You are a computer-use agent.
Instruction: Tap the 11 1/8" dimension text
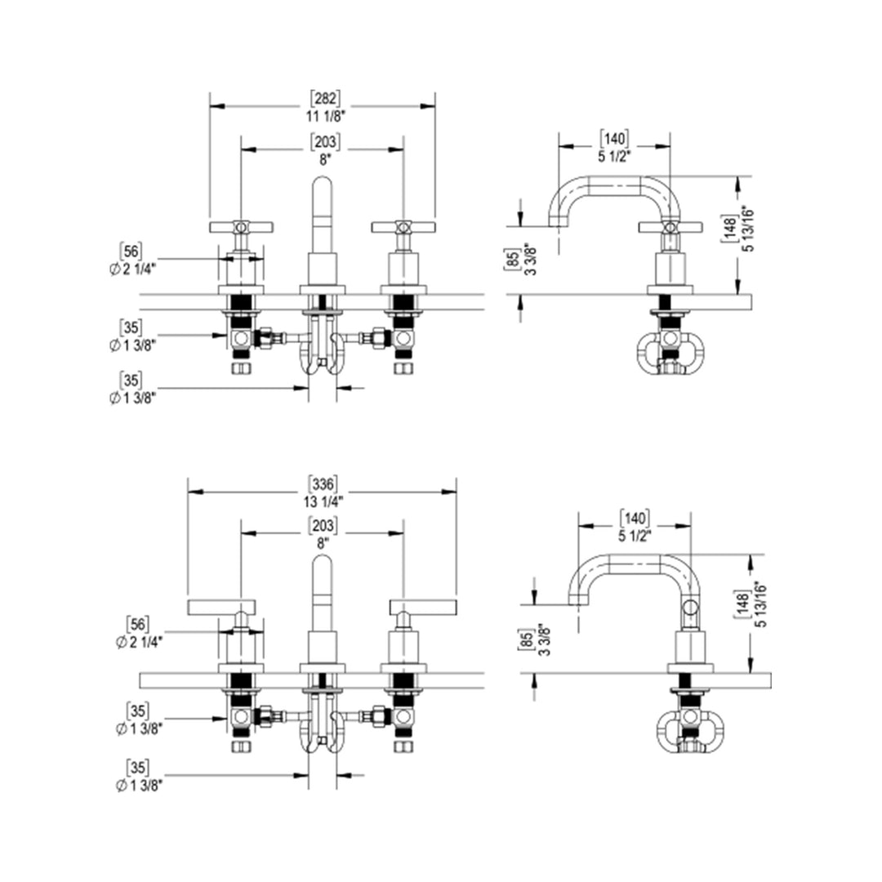pos(323,115)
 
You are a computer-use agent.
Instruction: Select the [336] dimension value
pos(323,482)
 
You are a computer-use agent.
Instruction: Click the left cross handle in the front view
pos(241,227)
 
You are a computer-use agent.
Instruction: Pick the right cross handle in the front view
pos(403,227)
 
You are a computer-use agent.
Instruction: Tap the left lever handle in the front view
pos(221,607)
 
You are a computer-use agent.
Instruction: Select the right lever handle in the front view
pos(423,607)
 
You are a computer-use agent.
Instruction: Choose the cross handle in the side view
pos(670,227)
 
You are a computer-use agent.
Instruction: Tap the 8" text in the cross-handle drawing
pos(323,161)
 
